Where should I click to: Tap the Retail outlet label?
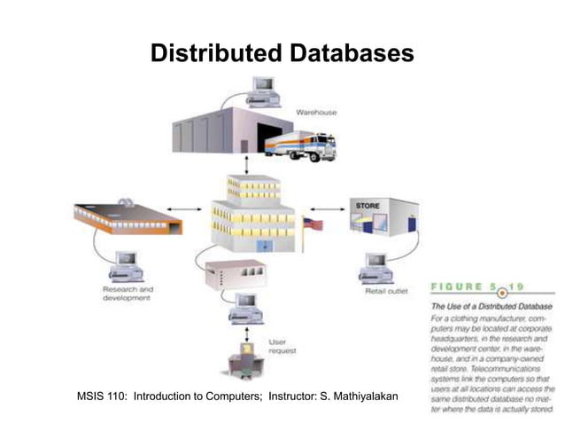click(386, 290)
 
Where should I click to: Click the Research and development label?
click(128, 294)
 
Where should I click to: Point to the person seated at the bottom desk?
click(240, 362)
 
